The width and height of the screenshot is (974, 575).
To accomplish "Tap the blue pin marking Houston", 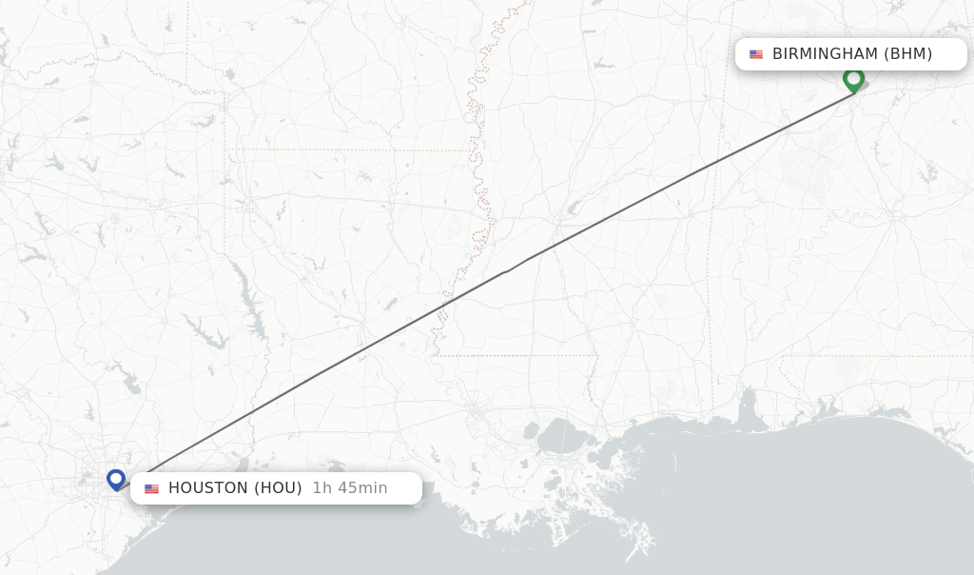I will click(116, 479).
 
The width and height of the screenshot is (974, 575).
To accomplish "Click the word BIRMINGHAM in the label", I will click(825, 54).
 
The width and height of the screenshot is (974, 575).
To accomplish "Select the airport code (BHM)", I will click(908, 54).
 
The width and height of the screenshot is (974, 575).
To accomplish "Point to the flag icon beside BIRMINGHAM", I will click(756, 54).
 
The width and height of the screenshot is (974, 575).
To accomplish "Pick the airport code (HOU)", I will click(278, 488).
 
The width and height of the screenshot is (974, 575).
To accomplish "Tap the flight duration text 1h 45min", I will click(349, 488).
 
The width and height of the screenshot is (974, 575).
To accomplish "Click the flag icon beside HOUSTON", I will click(152, 488).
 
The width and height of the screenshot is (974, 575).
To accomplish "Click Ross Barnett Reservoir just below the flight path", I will click(574, 208).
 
